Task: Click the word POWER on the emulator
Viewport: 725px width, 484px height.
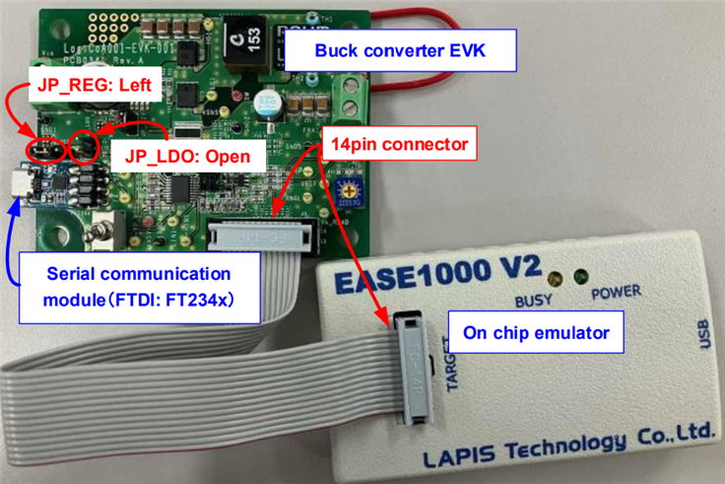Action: pos(616,292)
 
